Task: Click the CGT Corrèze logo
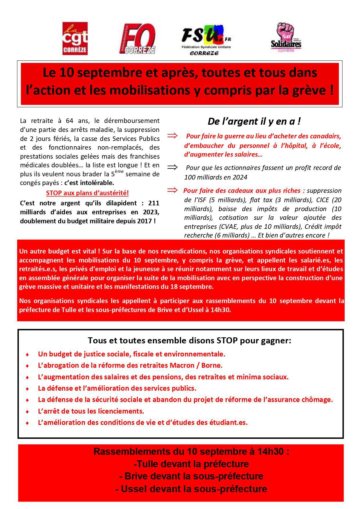tap(75, 39)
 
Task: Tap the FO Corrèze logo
tap(138, 39)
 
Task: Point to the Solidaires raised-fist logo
tap(286, 38)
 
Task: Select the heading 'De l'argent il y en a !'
tap(254, 121)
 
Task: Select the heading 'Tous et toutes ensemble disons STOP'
tap(189, 340)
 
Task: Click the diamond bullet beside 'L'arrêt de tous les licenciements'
tap(27, 412)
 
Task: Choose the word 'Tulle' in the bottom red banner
tap(148, 464)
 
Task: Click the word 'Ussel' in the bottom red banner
tap(133, 489)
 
